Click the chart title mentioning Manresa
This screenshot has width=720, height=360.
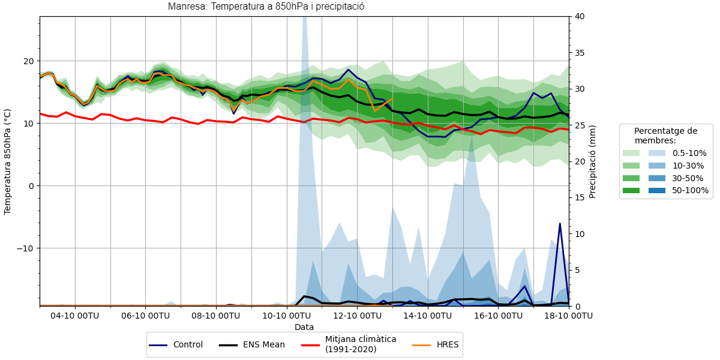pos(266,7)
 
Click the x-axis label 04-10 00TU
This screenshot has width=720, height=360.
pos(75,316)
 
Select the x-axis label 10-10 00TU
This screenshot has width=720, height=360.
pos(287,316)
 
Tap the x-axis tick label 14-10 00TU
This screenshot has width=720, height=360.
pos(428,316)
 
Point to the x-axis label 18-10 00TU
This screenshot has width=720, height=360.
pos(569,316)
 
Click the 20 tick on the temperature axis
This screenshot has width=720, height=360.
pos(28,61)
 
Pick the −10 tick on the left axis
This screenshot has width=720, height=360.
pos(26,248)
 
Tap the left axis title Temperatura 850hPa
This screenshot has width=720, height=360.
pos(8,161)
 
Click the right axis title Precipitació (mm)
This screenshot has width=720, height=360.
pos(592,161)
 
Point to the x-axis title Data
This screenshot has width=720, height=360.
pos(304,328)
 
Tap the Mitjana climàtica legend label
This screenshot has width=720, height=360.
pos(360,344)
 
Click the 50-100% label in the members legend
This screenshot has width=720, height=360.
pos(690,191)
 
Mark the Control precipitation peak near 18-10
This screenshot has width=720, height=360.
pos(560,224)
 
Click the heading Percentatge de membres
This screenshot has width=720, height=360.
pos(665,136)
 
